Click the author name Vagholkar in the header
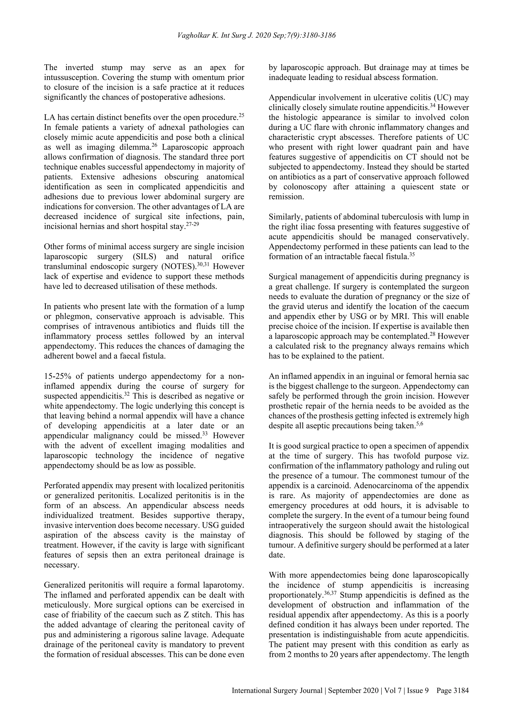(x=193, y=35)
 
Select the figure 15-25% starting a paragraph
(x=57, y=376)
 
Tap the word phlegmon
(x=71, y=316)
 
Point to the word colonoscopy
(x=302, y=187)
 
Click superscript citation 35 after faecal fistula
(x=412, y=254)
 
